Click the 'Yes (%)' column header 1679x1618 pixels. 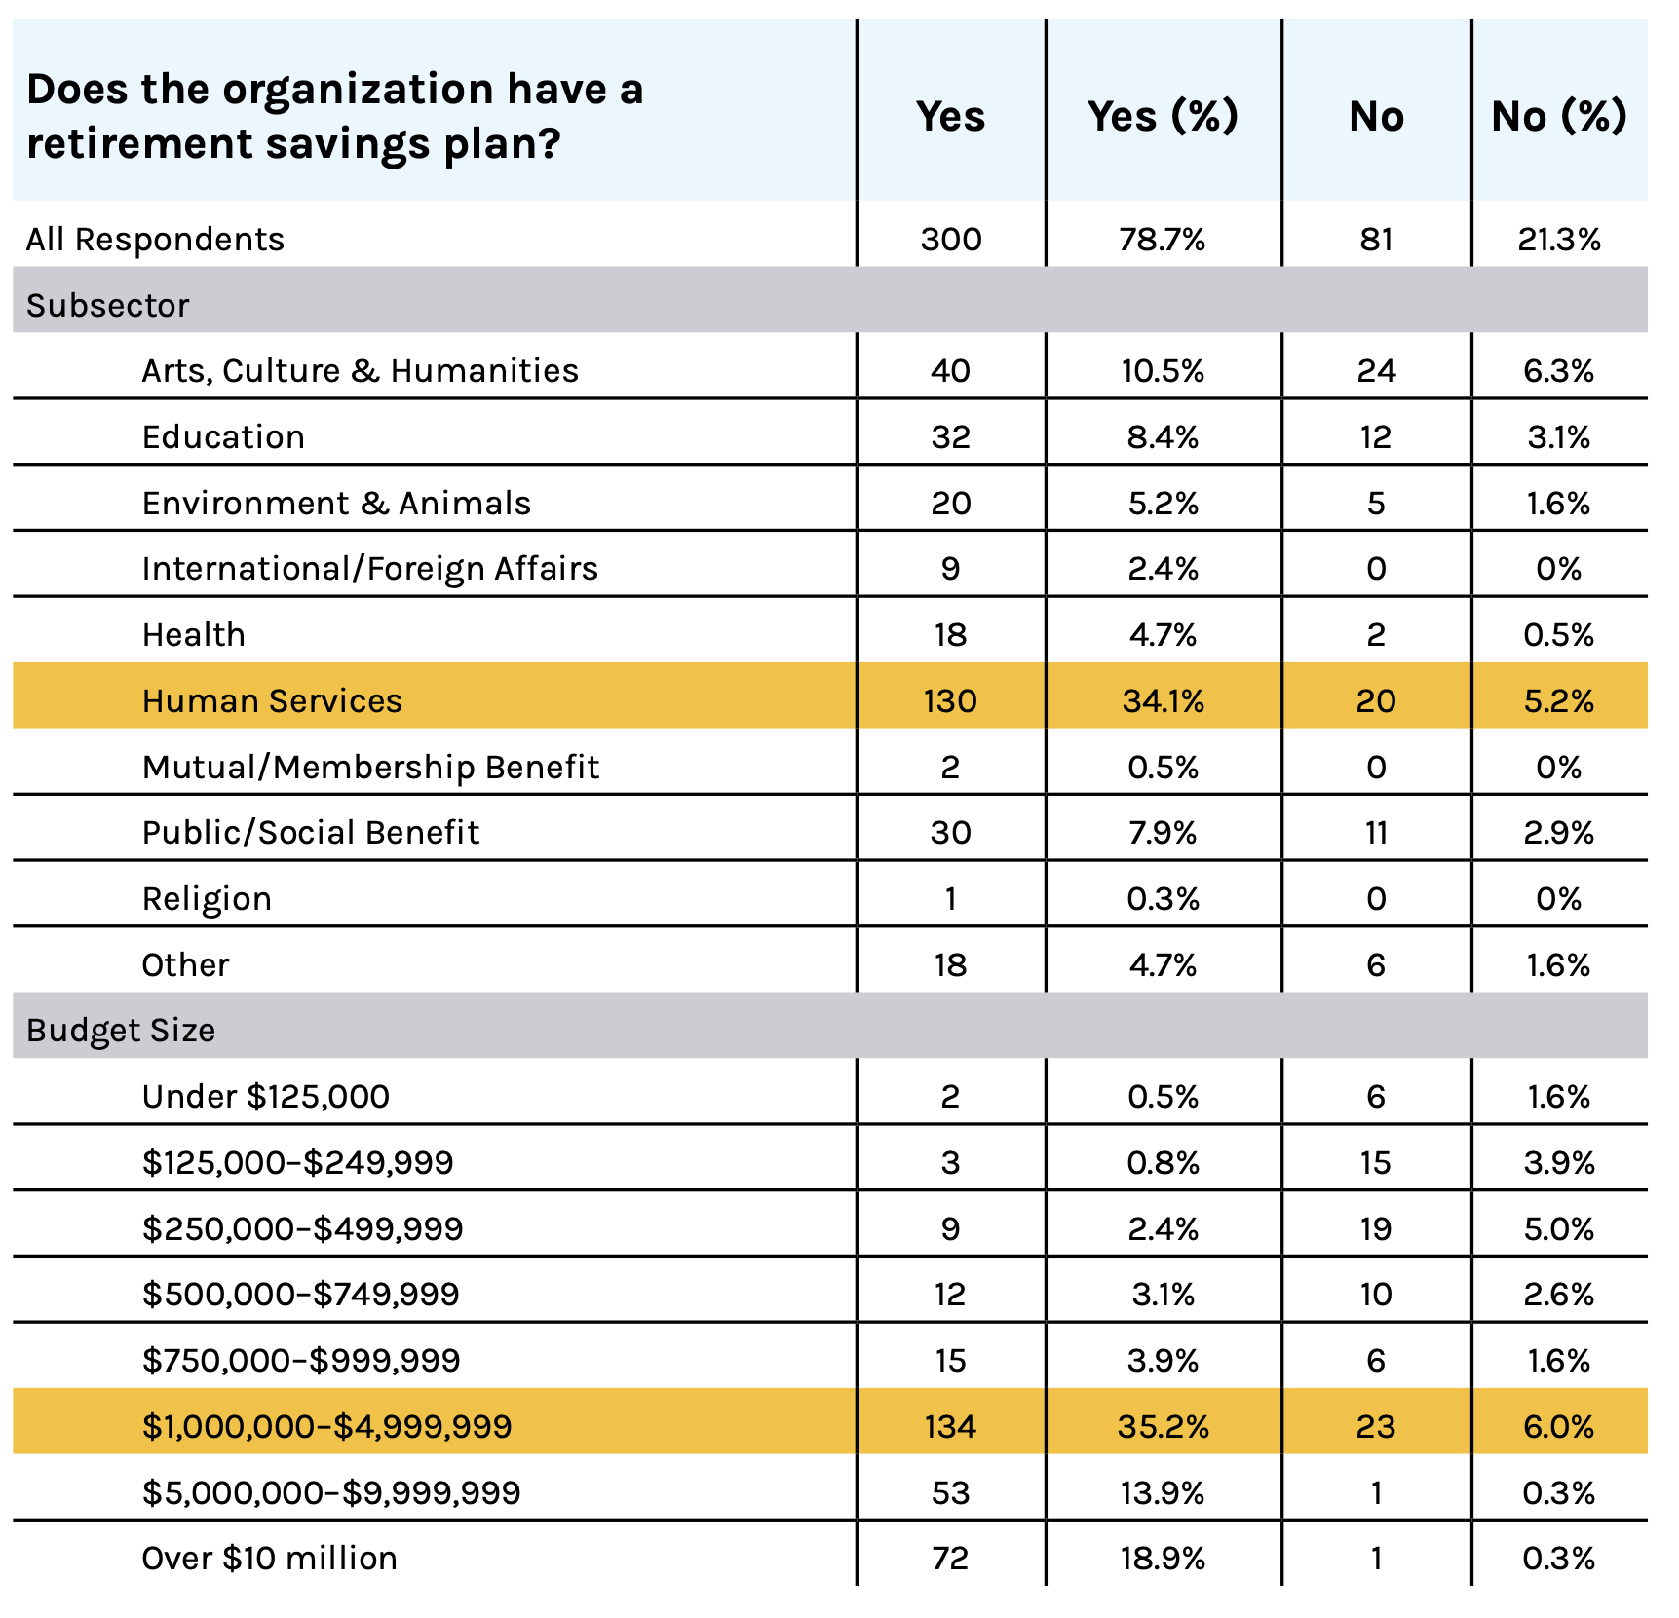[x=1163, y=116]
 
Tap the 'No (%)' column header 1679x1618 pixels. [x=1559, y=116]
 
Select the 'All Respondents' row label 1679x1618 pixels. [x=155, y=239]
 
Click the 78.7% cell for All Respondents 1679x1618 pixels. [x=1163, y=240]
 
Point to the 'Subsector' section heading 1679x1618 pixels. [x=107, y=305]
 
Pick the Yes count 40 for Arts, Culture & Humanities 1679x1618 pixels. [x=950, y=371]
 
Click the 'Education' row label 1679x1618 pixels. [x=223, y=436]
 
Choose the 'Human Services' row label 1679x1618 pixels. [x=272, y=700]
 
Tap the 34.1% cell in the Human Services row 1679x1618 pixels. [x=1163, y=701]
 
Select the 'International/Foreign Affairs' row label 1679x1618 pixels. [x=370, y=569]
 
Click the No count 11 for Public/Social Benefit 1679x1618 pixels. [x=1376, y=833]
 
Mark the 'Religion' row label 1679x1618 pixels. [x=207, y=899]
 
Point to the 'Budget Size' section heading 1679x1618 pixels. [x=121, y=1031]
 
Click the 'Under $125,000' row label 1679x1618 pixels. [x=266, y=1097]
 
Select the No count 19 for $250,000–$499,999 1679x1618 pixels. [x=1376, y=1229]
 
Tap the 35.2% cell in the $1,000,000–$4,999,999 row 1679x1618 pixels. [x=1163, y=1427]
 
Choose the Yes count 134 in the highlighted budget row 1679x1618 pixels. [x=950, y=1427]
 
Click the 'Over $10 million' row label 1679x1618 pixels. [x=269, y=1559]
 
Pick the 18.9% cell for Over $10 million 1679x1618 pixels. [x=1163, y=1559]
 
